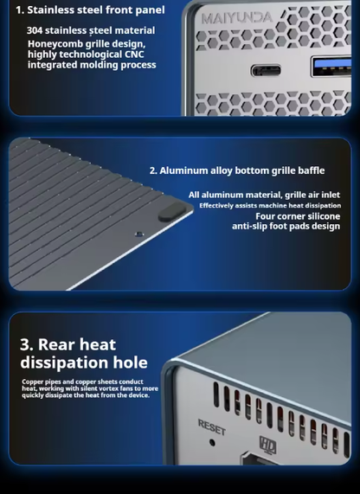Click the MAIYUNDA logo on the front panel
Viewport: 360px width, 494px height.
click(x=237, y=18)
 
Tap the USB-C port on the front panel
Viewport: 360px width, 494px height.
click(x=266, y=70)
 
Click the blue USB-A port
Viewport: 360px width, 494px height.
click(x=331, y=66)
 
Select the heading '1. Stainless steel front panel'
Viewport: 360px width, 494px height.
click(x=90, y=10)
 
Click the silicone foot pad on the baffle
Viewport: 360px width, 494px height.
click(x=172, y=211)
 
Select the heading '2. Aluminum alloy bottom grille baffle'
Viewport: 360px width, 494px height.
click(x=237, y=170)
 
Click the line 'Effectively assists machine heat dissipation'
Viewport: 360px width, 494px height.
click(x=270, y=206)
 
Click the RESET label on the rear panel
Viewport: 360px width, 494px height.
click(x=212, y=427)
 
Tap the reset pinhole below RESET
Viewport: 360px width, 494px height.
click(x=213, y=443)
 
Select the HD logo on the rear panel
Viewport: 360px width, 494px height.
click(x=267, y=446)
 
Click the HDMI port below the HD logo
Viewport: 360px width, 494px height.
click(x=259, y=459)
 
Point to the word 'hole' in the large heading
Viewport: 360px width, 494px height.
click(x=130, y=362)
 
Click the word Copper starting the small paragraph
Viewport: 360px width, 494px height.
click(x=33, y=382)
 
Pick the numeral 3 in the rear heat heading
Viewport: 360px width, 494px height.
click(x=26, y=344)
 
